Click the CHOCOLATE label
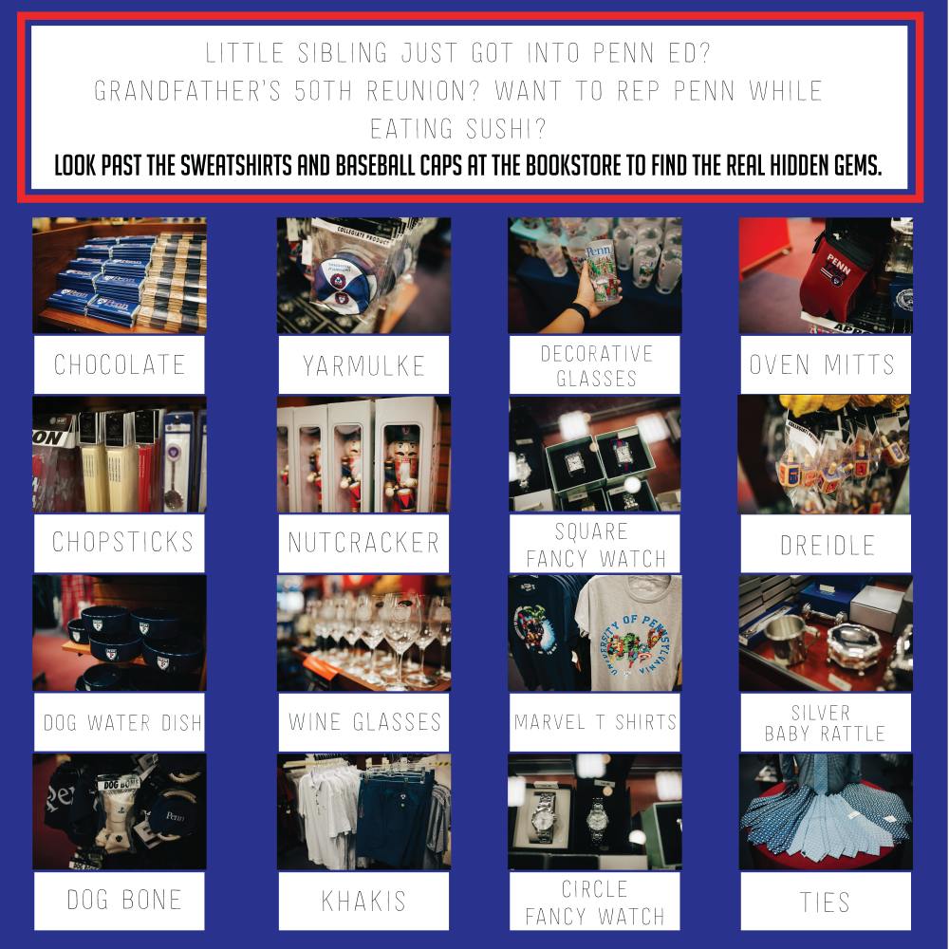pos(120,365)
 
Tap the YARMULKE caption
pos(363,366)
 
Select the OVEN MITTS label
pos(822,365)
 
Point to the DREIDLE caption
pos(827,546)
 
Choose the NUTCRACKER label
pos(363,543)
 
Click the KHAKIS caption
pos(363,902)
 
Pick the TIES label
pos(825,902)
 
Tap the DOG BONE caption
pos(124,900)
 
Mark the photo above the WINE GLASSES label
pos(363,633)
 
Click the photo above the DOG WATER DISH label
pos(120,633)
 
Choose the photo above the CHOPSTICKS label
pos(120,455)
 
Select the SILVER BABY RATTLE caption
pos(825,723)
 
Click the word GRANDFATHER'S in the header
pos(188,91)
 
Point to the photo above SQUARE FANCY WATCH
pos(595,455)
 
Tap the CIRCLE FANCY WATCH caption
pos(595,902)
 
